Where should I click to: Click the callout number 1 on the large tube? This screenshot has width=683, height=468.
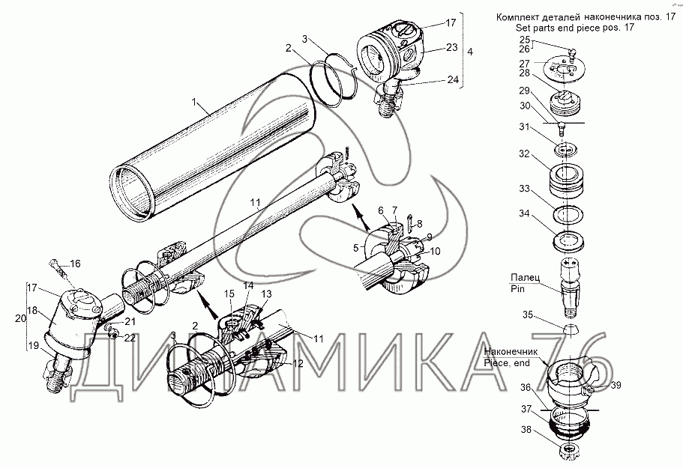point(195,103)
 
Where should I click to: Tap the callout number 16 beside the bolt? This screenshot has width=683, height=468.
point(75,264)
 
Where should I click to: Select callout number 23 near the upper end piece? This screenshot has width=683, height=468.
point(451,47)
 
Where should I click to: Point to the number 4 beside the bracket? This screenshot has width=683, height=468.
point(469,52)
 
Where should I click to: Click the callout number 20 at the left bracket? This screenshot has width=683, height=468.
point(20,318)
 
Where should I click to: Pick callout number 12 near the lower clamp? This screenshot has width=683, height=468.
point(298,364)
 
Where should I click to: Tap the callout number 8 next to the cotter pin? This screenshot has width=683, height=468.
point(419,224)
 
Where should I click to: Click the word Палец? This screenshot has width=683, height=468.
point(526,277)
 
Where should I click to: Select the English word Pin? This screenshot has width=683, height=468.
point(517,289)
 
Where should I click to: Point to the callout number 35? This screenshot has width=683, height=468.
point(528,314)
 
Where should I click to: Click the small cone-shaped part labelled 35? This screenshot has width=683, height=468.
point(569,329)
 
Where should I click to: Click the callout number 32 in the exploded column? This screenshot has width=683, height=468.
point(524,154)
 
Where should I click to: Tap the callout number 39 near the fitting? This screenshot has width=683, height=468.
point(616,385)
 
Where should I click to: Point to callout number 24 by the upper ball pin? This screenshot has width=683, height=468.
point(453,79)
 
